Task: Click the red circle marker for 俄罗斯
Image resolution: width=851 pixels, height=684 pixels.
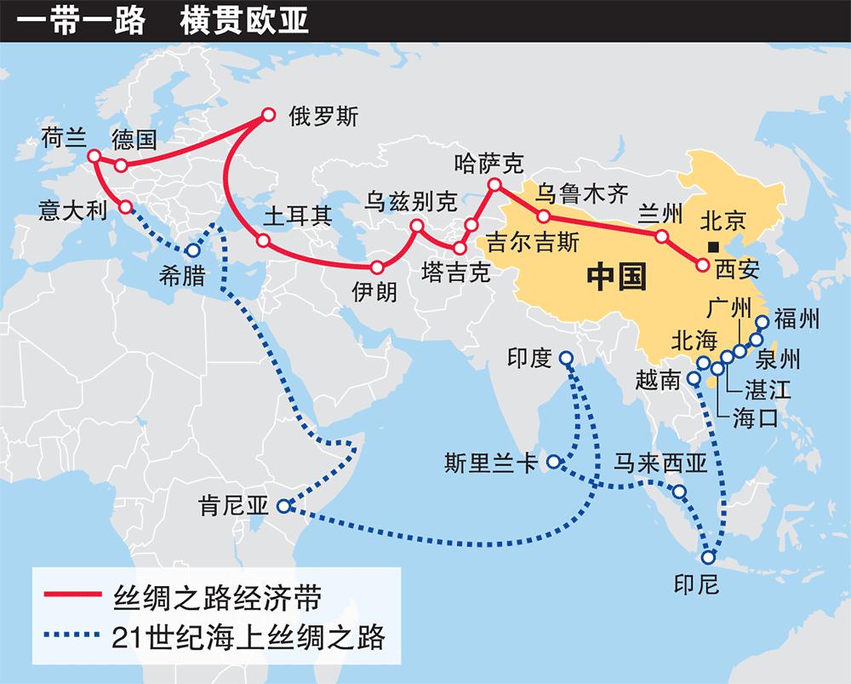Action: (269, 114)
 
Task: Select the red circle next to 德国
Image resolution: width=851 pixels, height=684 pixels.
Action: (121, 165)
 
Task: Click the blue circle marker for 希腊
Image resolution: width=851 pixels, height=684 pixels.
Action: (192, 251)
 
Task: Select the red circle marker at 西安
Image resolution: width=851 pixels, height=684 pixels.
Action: (702, 266)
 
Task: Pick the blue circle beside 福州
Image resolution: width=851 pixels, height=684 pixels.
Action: (762, 322)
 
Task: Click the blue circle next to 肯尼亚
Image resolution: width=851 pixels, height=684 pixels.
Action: (283, 506)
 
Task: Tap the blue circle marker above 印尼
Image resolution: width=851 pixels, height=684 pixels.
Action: (709, 558)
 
